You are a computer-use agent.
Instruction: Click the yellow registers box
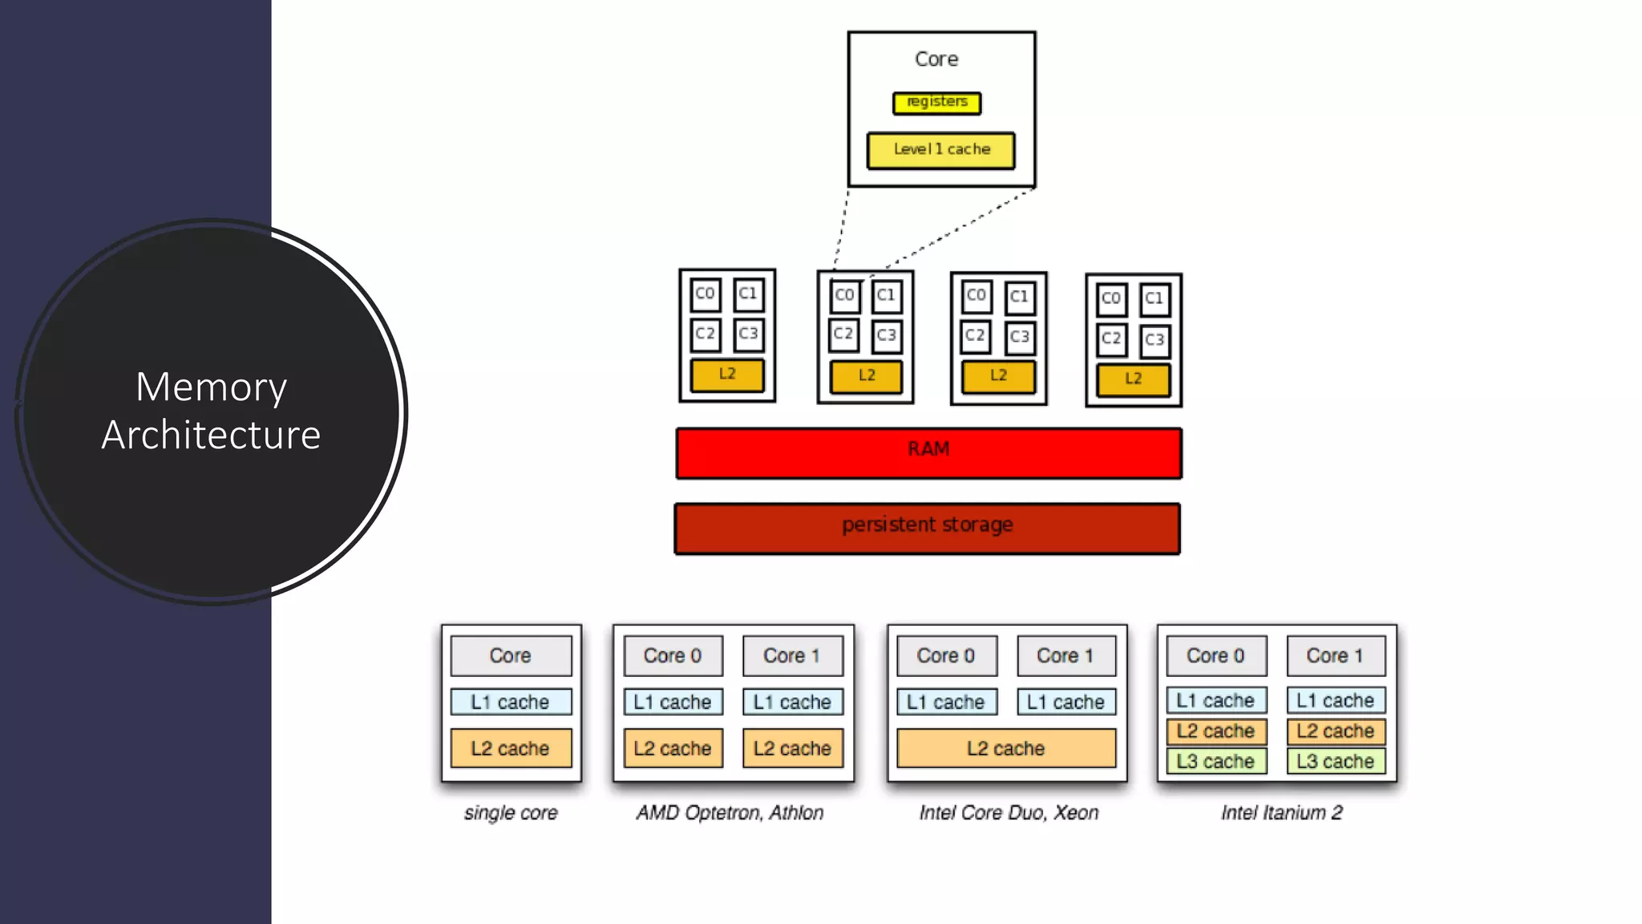pyautogui.click(x=936, y=103)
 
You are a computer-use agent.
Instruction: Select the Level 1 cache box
pyautogui.click(x=940, y=150)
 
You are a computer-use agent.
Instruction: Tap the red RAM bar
pyautogui.click(x=928, y=453)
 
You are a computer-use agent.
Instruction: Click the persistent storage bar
pyautogui.click(x=927, y=528)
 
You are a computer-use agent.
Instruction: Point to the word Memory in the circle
pyautogui.click(x=211, y=387)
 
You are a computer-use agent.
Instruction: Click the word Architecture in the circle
pyautogui.click(x=211, y=435)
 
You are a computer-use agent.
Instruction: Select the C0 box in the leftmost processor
pyautogui.click(x=705, y=294)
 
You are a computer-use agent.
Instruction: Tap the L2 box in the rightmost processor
pyautogui.click(x=1133, y=379)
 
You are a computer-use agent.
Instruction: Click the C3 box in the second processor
pyautogui.click(x=886, y=335)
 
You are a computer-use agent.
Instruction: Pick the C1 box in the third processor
pyautogui.click(x=1019, y=297)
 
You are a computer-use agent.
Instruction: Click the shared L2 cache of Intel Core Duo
pyautogui.click(x=1005, y=748)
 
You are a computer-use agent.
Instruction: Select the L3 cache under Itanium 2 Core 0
pyautogui.click(x=1215, y=761)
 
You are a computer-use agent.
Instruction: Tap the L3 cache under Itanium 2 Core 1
pyautogui.click(x=1335, y=761)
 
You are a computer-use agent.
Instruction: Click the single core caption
pyautogui.click(x=511, y=813)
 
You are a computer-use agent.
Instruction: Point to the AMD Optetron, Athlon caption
pyautogui.click(x=730, y=813)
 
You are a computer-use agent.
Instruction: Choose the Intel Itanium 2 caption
pyautogui.click(x=1281, y=813)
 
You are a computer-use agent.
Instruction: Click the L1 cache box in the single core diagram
pyautogui.click(x=510, y=702)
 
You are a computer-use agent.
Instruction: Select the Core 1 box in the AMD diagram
pyautogui.click(x=791, y=655)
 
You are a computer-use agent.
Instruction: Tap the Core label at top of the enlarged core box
pyautogui.click(x=936, y=59)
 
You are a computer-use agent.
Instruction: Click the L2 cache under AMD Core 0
pyautogui.click(x=672, y=748)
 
